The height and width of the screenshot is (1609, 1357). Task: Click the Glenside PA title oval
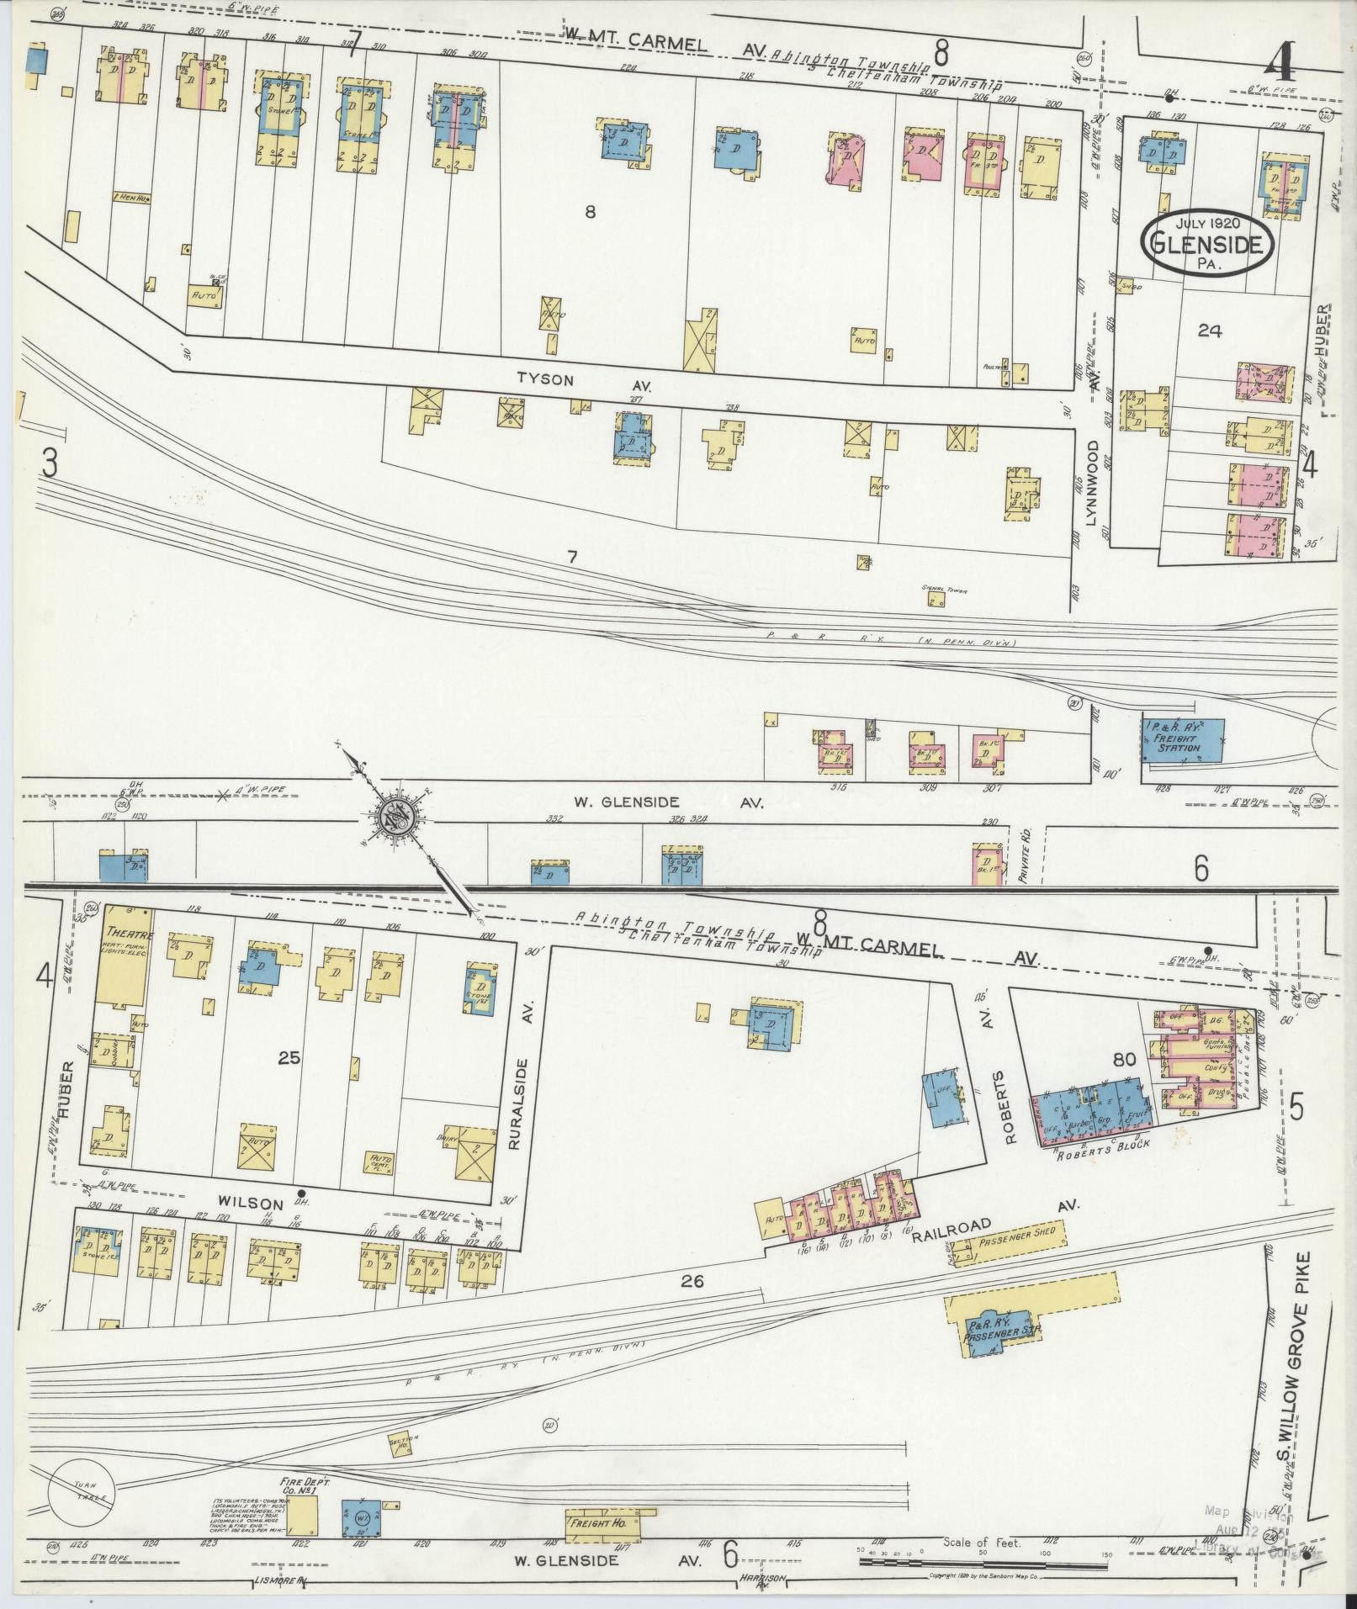point(1206,244)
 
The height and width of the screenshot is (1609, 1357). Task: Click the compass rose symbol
point(393,817)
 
